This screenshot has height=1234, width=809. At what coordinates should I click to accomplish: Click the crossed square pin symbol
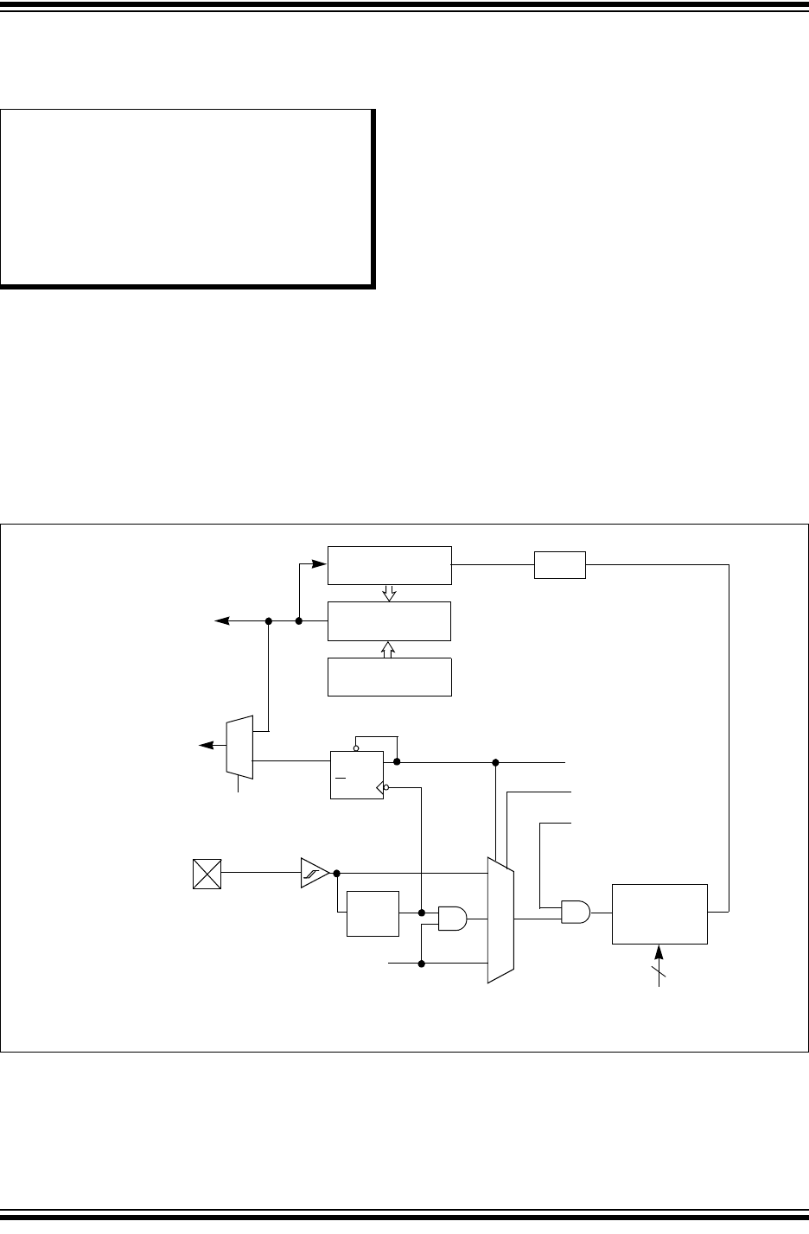click(x=207, y=874)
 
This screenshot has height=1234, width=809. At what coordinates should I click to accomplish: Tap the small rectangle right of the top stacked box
click(x=560, y=565)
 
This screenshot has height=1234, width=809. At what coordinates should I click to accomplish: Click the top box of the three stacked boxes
click(x=390, y=565)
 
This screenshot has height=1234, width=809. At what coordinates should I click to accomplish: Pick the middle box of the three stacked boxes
click(x=390, y=620)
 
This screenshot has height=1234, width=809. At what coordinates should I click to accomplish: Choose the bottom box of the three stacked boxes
click(x=390, y=677)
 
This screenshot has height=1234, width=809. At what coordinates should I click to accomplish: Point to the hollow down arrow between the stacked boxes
click(x=389, y=593)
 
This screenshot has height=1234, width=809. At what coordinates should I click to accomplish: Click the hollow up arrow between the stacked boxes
click(x=389, y=648)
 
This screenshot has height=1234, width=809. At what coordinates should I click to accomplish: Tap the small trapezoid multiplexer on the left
click(x=239, y=746)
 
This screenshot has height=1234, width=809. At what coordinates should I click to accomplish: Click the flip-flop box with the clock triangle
click(x=357, y=775)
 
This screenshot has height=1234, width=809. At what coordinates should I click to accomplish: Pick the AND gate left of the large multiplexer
click(x=452, y=919)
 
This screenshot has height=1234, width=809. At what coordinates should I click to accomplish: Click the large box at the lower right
click(x=659, y=914)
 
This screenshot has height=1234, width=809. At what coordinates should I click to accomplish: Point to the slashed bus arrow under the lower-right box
click(x=659, y=963)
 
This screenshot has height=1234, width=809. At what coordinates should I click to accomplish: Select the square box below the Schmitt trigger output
click(x=373, y=913)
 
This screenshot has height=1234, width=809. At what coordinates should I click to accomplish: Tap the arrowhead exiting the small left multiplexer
click(x=205, y=745)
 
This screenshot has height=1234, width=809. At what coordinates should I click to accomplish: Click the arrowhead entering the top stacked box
click(x=322, y=565)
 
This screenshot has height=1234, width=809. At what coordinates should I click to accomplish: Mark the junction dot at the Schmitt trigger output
click(x=336, y=873)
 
